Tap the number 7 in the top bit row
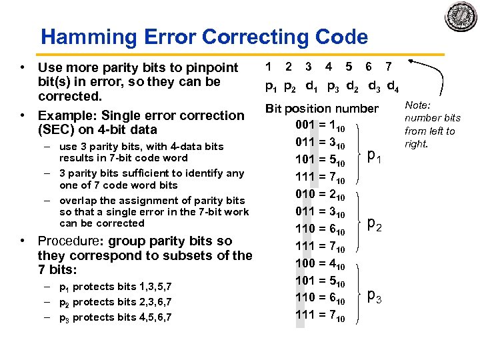389,66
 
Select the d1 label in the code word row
311,86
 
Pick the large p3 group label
375,297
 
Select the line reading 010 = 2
319,193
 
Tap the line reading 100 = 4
319,263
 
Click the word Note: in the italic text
418,105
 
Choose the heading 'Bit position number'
322,108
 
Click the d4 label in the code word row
393,86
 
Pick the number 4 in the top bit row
329,66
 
